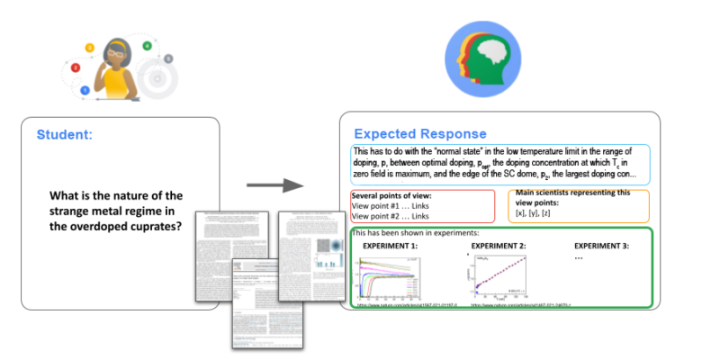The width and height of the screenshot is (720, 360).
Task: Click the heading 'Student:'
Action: click(x=64, y=136)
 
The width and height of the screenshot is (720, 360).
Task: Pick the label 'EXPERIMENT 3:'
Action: click(x=602, y=246)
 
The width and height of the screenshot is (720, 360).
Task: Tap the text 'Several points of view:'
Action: click(x=391, y=195)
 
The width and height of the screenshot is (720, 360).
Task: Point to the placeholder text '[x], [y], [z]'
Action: click(x=535, y=214)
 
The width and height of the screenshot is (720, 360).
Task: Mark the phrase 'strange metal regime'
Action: click(x=114, y=211)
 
